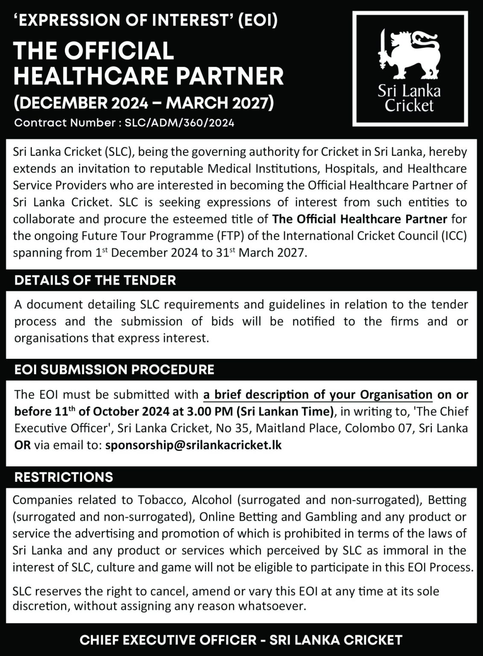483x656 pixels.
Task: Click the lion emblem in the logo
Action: click(409, 55)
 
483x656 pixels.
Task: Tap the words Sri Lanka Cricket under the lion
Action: click(409, 98)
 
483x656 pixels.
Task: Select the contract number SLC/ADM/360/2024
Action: click(179, 123)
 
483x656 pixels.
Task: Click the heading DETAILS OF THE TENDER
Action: click(95, 280)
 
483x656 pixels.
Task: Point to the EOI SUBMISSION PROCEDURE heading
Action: click(114, 369)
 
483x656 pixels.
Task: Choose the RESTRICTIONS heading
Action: click(64, 477)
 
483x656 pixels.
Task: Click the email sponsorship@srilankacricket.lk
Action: click(193, 445)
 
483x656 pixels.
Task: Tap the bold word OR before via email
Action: click(22, 445)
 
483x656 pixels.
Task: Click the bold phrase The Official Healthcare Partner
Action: click(360, 219)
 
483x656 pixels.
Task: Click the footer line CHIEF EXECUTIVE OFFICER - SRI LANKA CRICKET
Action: click(241, 640)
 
